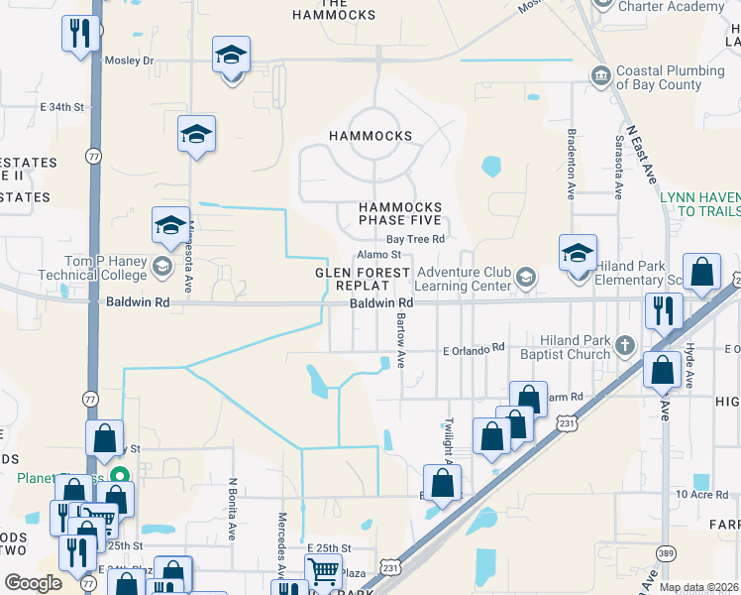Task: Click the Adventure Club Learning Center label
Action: (x=464, y=280)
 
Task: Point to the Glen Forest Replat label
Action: (x=363, y=279)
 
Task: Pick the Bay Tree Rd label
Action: (x=415, y=239)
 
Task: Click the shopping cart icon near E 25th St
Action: (x=324, y=572)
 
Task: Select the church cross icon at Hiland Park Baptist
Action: (x=624, y=346)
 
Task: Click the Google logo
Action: (x=33, y=583)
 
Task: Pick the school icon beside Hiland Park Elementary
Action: (x=578, y=254)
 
